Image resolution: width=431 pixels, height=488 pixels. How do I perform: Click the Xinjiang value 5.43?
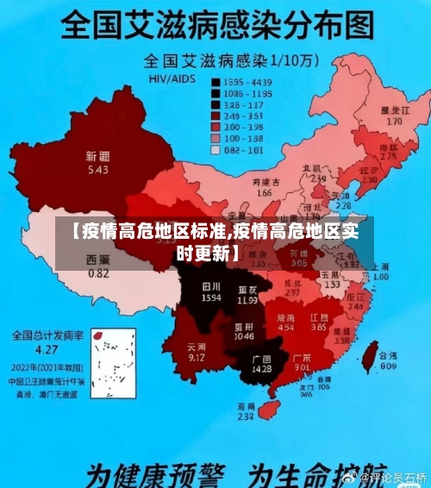pyautogui.click(x=97, y=171)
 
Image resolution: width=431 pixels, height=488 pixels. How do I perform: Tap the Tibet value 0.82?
pyautogui.click(x=99, y=273)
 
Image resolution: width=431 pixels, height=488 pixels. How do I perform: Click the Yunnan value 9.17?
pyautogui.click(x=197, y=357)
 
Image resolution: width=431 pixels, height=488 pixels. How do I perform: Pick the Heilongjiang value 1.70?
pyautogui.click(x=394, y=122)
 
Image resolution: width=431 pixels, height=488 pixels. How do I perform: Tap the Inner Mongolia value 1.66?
pyautogui.click(x=264, y=194)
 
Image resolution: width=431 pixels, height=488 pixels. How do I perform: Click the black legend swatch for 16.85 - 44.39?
pyautogui.click(x=217, y=80)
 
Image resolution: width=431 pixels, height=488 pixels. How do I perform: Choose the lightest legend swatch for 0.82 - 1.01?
pyautogui.click(x=217, y=150)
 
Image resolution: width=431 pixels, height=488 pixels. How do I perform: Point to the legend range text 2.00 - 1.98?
pyautogui.click(x=243, y=127)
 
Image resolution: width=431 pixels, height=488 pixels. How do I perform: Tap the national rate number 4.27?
pyautogui.click(x=46, y=350)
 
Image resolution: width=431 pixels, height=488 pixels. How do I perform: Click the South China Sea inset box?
pyautogui.click(x=113, y=366)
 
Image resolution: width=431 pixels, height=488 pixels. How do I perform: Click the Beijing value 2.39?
pyautogui.click(x=318, y=178)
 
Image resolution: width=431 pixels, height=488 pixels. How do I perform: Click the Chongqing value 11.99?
pyautogui.click(x=247, y=301)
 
